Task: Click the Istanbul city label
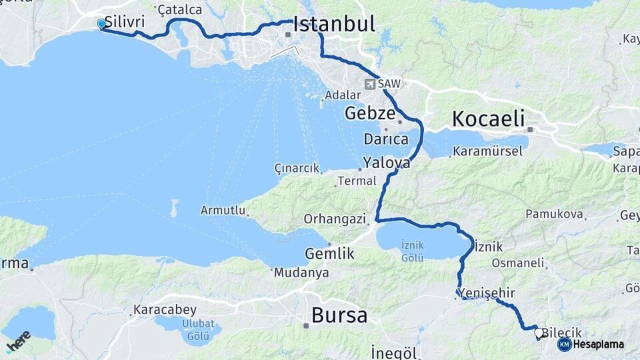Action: [333, 25]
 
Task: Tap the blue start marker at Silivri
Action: [101, 24]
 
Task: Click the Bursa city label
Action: [339, 315]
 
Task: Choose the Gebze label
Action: [370, 113]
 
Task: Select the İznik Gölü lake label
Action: [413, 251]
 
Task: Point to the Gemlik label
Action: [329, 253]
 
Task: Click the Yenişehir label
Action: [487, 293]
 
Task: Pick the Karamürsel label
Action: [487, 151]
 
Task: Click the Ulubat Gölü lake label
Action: [189, 328]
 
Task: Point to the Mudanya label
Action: [301, 273]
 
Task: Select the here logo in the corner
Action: [18, 341]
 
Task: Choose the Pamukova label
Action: [554, 214]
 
